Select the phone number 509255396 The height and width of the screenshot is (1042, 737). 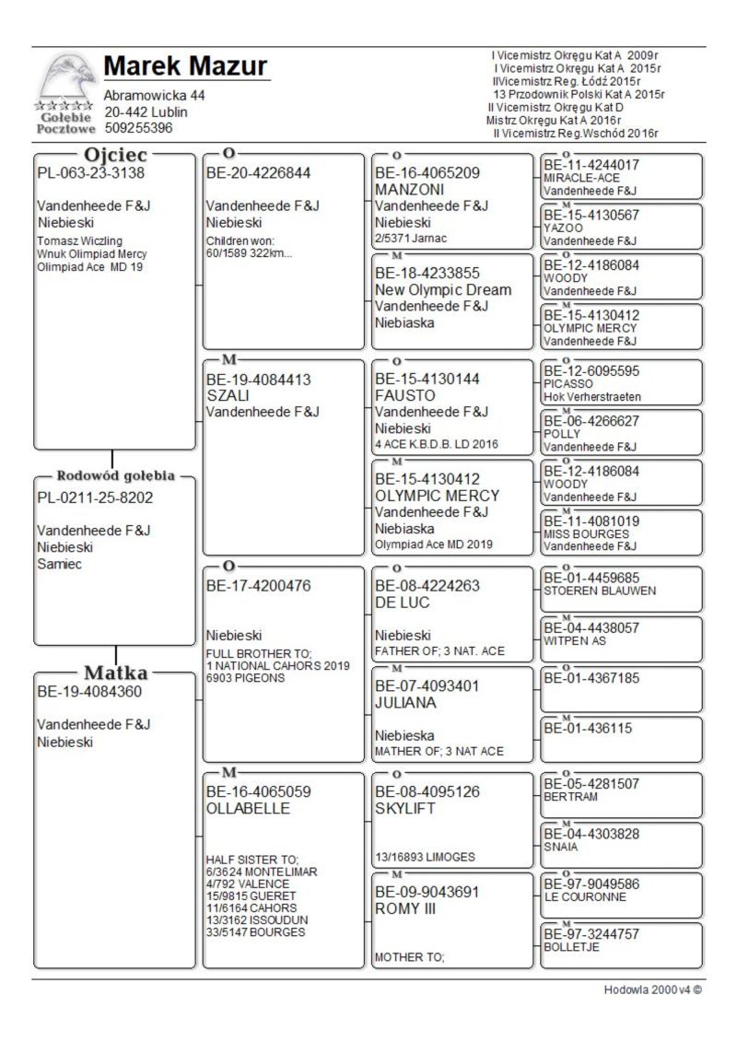pyautogui.click(x=138, y=128)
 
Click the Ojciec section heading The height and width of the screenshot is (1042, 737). pyautogui.click(x=116, y=155)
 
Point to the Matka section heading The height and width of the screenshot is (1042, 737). pyautogui.click(x=116, y=673)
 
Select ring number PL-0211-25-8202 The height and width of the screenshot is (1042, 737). pyautogui.click(x=95, y=498)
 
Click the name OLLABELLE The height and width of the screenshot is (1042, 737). pyautogui.click(x=248, y=808)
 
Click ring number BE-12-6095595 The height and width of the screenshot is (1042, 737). pyautogui.click(x=590, y=371)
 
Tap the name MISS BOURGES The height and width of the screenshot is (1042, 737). pyautogui.click(x=586, y=533)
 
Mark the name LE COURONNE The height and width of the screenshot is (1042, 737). pyautogui.click(x=585, y=896)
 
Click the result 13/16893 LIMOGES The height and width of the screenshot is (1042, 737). pyautogui.click(x=425, y=857)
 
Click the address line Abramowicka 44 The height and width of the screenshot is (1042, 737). pyautogui.click(x=155, y=96)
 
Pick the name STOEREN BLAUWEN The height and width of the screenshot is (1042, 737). pyautogui.click(x=600, y=591)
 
